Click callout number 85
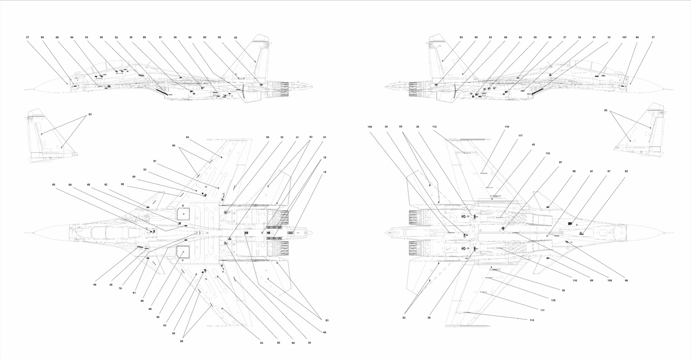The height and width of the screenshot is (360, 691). tap(42, 37)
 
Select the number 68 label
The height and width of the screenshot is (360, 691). tap(57, 37)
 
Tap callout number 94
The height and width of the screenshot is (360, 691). tap(71, 37)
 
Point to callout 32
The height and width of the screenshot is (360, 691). tap(116, 37)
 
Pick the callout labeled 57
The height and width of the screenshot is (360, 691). tap(160, 37)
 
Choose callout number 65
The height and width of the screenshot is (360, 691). tap(190, 37)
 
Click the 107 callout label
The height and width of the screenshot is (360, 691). tap(624, 37)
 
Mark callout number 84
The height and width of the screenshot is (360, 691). tap(637, 37)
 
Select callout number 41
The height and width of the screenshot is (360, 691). tap(594, 37)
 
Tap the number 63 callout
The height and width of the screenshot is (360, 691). tap(520, 37)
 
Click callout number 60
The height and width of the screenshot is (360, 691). tap(53, 185)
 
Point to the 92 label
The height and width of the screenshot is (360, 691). tap(106, 185)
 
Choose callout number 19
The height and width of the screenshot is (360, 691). tap(324, 172)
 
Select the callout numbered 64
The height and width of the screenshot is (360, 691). tap(324, 332)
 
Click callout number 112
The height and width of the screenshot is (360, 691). tap(434, 127)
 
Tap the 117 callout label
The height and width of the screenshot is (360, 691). tap(520, 135)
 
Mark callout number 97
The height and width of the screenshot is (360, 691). tap(560, 162)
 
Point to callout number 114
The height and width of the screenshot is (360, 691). tap(532, 320)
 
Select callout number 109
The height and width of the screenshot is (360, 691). tap(370, 127)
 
